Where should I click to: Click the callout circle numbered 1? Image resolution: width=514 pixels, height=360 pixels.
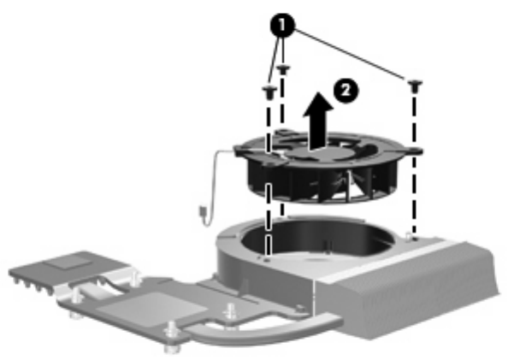[x=282, y=25]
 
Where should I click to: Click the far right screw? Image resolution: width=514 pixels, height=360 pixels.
[x=415, y=86]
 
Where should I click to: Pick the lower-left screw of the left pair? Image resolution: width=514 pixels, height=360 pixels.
[x=269, y=91]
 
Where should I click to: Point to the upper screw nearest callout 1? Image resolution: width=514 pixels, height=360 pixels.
[x=283, y=69]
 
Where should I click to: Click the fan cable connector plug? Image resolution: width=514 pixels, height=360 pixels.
[x=201, y=211]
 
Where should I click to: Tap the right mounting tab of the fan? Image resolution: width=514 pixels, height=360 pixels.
[x=414, y=151]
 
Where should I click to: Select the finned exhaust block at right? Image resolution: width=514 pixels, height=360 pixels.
[x=410, y=288]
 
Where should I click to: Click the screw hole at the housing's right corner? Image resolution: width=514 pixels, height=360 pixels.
[x=414, y=239]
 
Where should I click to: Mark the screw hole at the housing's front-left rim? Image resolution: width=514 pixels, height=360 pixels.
[x=267, y=261]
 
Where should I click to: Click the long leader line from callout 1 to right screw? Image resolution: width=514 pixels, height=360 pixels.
[x=350, y=55]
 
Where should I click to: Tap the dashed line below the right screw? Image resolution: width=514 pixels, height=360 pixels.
[x=415, y=164]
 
